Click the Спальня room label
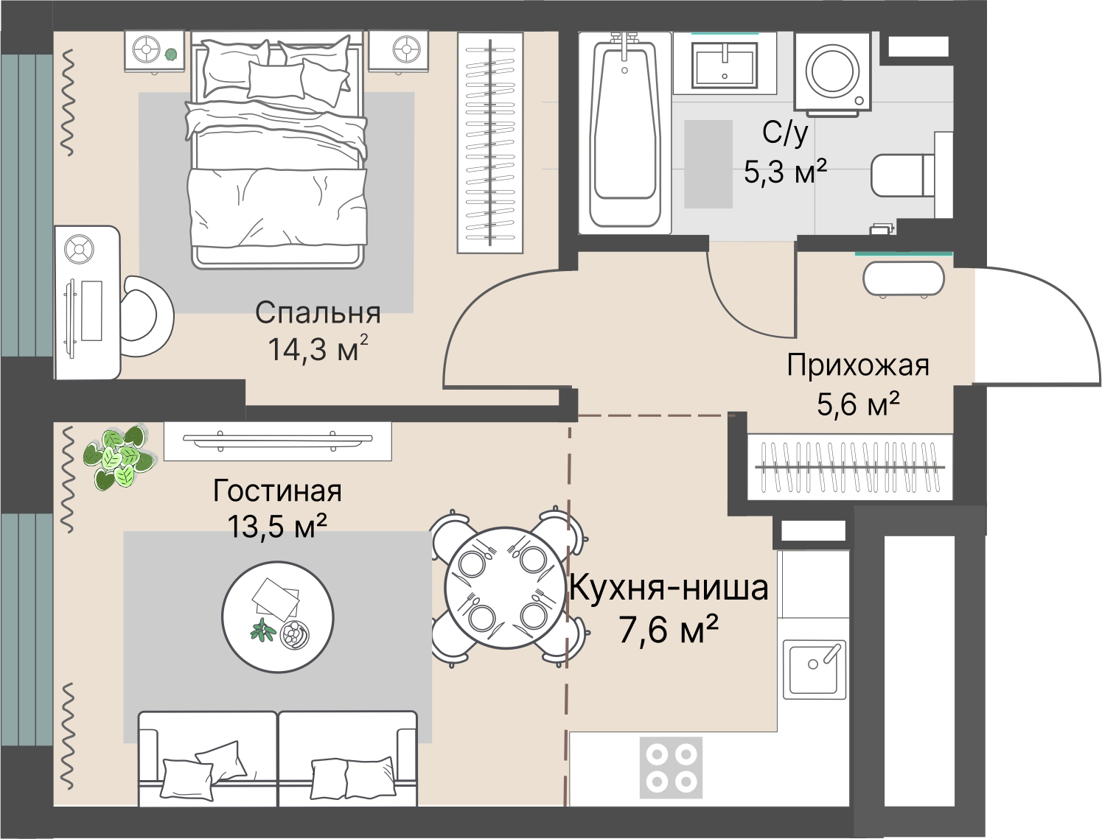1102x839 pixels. click(x=317, y=313)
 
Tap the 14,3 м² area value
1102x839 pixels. click(x=318, y=348)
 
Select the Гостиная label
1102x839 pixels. click(x=277, y=491)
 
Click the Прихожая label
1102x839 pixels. click(x=857, y=365)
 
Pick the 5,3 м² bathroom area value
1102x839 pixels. click(x=785, y=172)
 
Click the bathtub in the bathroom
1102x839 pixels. click(x=624, y=133)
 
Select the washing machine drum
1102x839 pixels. click(x=832, y=71)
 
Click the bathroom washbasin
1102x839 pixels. click(x=725, y=64)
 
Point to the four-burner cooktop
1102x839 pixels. click(x=671, y=768)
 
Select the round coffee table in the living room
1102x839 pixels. click(x=278, y=617)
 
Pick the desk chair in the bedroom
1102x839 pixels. click(x=146, y=316)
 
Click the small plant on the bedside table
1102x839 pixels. click(x=172, y=54)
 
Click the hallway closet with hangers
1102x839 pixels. click(x=850, y=467)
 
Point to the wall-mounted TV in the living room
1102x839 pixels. click(x=278, y=440)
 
